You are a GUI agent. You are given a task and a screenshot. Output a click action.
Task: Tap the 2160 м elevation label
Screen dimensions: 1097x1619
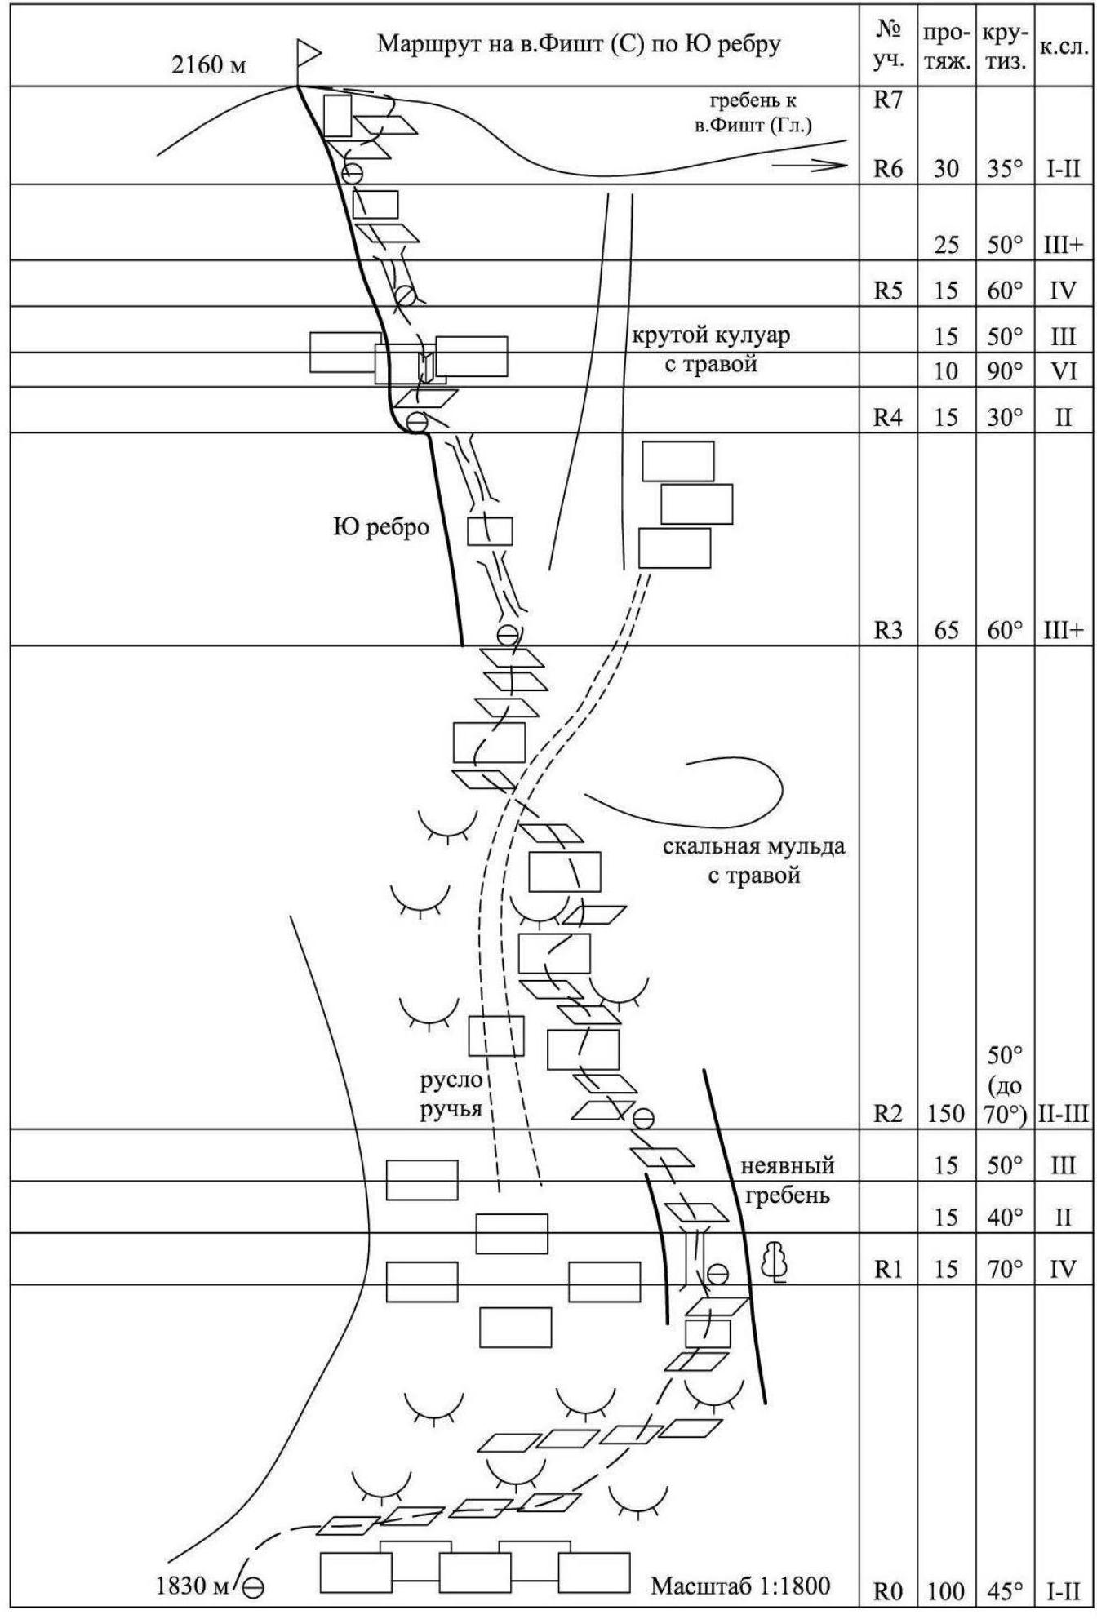(208, 65)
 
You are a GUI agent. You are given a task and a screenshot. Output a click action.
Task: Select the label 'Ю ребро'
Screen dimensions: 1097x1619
(381, 527)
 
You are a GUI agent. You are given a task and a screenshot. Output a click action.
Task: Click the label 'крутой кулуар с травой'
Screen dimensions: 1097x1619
(711, 349)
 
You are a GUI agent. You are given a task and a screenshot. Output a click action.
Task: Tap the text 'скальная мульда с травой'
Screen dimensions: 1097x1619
(753, 861)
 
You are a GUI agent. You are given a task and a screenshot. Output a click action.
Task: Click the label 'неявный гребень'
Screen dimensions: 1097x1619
(787, 1180)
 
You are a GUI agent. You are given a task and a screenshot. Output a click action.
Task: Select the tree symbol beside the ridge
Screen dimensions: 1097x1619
(775, 1263)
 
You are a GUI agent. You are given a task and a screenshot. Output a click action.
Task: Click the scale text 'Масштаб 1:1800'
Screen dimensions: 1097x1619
(740, 1586)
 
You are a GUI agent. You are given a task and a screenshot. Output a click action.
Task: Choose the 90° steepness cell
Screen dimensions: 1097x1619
(1005, 371)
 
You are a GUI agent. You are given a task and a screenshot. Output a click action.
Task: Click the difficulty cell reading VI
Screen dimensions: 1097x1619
(1063, 371)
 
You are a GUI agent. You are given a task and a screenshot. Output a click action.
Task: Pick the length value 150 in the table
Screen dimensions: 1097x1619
(946, 1114)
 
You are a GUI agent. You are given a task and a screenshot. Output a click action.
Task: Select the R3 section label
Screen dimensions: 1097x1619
(888, 630)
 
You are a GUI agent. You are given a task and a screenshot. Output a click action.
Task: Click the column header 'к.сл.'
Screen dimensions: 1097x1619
(1064, 47)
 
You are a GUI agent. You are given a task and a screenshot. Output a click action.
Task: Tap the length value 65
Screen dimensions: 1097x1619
(946, 630)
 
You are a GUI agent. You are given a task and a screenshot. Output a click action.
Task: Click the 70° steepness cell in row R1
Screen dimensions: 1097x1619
(1005, 1269)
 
